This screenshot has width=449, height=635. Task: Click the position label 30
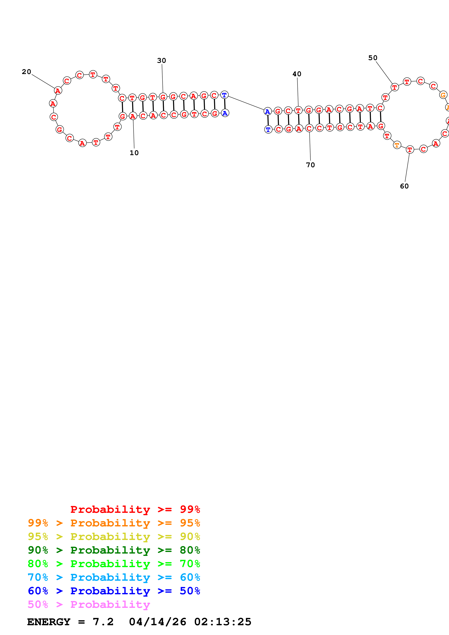click(x=162, y=61)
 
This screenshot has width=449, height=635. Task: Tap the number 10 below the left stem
click(x=134, y=153)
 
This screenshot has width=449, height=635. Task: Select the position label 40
click(x=297, y=74)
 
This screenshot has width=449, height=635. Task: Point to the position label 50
click(x=373, y=58)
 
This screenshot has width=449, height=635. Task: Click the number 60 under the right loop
click(x=404, y=186)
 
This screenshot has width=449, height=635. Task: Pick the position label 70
click(x=310, y=165)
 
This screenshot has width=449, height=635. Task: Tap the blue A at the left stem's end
click(x=225, y=113)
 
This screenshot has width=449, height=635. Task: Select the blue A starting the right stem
click(x=268, y=112)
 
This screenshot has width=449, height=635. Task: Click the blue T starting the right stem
click(x=268, y=129)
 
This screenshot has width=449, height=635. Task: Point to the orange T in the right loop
click(x=397, y=145)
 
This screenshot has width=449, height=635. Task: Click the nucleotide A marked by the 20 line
click(x=58, y=91)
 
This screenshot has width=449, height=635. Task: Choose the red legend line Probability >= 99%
click(x=135, y=509)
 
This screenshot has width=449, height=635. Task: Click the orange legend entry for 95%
click(x=114, y=523)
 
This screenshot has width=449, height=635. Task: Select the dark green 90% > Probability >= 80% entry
click(x=114, y=550)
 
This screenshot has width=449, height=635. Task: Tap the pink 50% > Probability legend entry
click(x=89, y=605)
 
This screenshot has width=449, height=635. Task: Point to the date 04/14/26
click(x=157, y=622)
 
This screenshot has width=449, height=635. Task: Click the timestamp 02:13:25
click(x=223, y=622)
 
